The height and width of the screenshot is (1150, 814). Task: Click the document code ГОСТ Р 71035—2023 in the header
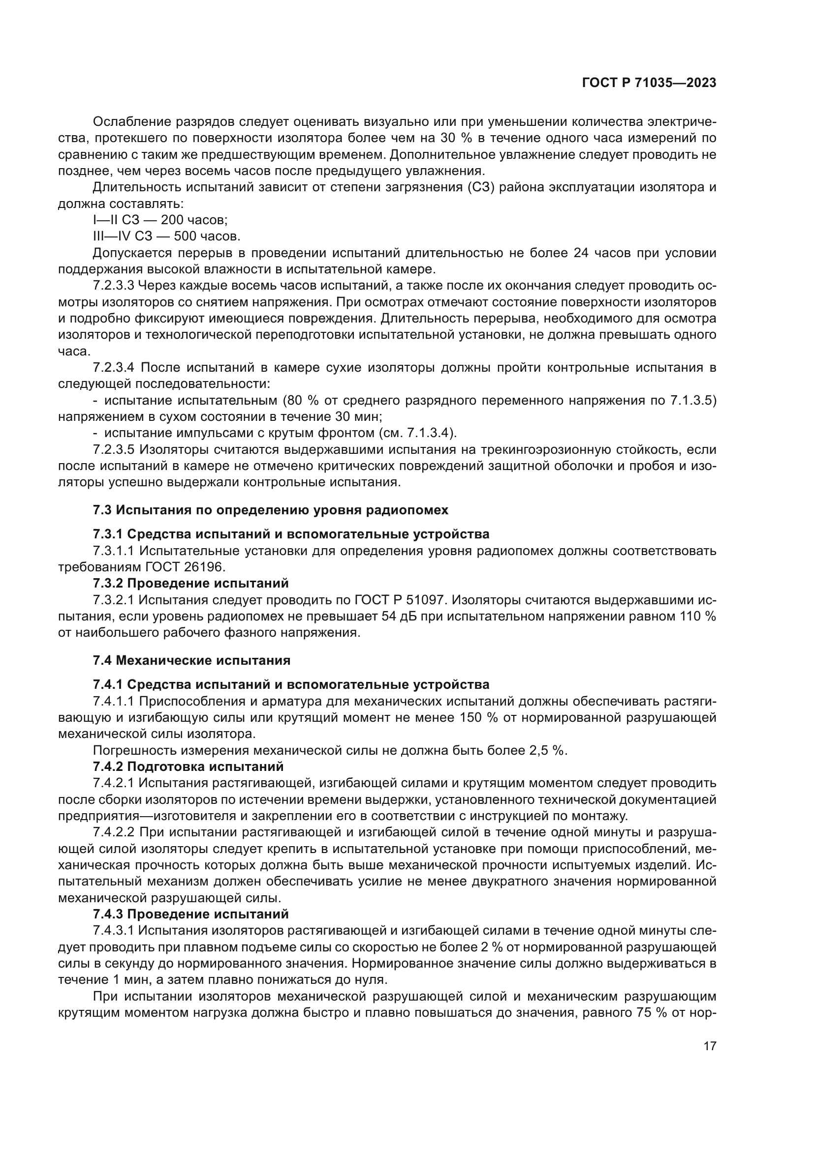(649, 83)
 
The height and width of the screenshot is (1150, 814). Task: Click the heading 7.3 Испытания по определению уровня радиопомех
(271, 510)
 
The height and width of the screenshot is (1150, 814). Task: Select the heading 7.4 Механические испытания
(191, 660)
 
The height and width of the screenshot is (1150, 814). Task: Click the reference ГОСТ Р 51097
(397, 599)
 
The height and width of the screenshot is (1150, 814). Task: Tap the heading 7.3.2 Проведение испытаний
(190, 583)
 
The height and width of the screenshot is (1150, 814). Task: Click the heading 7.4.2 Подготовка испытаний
(188, 767)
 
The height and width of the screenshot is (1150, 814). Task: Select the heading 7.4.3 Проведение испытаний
(190, 914)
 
